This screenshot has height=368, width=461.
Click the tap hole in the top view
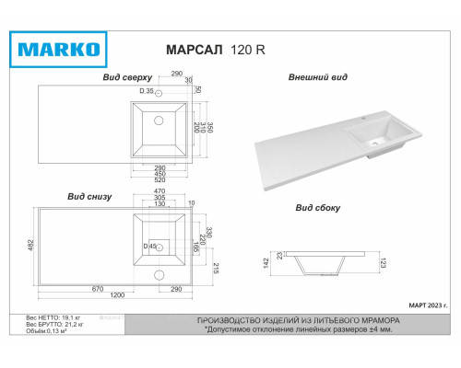[160, 95]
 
